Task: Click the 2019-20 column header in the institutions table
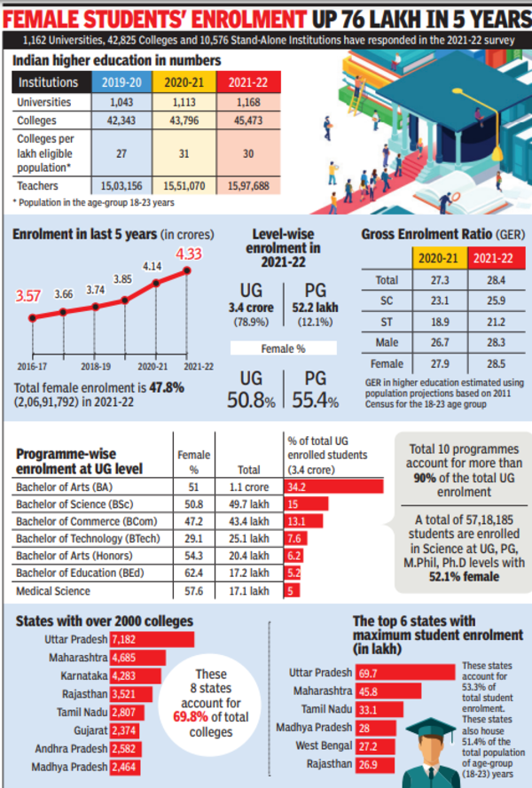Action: coord(122,82)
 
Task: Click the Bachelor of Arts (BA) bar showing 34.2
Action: coord(333,487)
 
